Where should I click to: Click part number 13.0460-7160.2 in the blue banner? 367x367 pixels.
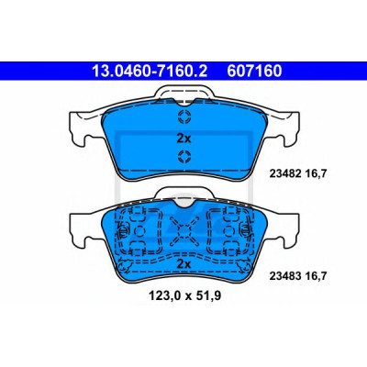pos(150,71)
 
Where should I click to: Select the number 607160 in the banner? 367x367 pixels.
pos(254,71)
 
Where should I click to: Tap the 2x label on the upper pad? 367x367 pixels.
pos(183,139)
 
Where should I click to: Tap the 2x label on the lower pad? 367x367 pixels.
pos(183,263)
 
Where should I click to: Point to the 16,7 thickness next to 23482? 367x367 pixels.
pos(317,173)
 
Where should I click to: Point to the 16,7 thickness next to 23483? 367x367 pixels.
pos(317,276)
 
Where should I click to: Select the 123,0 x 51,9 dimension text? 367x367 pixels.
pos(184,295)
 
